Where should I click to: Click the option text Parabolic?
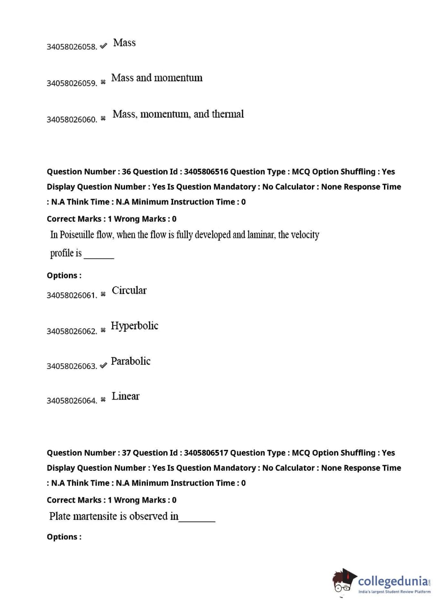tap(131, 361)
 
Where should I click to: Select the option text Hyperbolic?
tap(135, 326)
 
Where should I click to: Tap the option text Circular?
tap(129, 291)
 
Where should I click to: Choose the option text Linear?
tap(126, 396)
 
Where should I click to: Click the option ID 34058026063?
tap(72, 366)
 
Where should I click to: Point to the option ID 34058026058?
tap(72, 47)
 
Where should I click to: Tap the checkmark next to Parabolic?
tap(103, 366)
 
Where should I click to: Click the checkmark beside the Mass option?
tap(103, 46)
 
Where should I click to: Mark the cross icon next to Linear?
tap(103, 399)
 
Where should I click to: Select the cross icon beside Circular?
tap(103, 294)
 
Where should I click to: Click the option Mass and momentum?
tap(157, 78)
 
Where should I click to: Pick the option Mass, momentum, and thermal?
tap(178, 114)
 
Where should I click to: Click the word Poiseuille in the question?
tap(77, 235)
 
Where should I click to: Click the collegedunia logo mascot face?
tap(343, 582)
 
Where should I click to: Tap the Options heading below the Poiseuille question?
tap(64, 276)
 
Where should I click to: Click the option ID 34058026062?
tap(72, 332)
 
